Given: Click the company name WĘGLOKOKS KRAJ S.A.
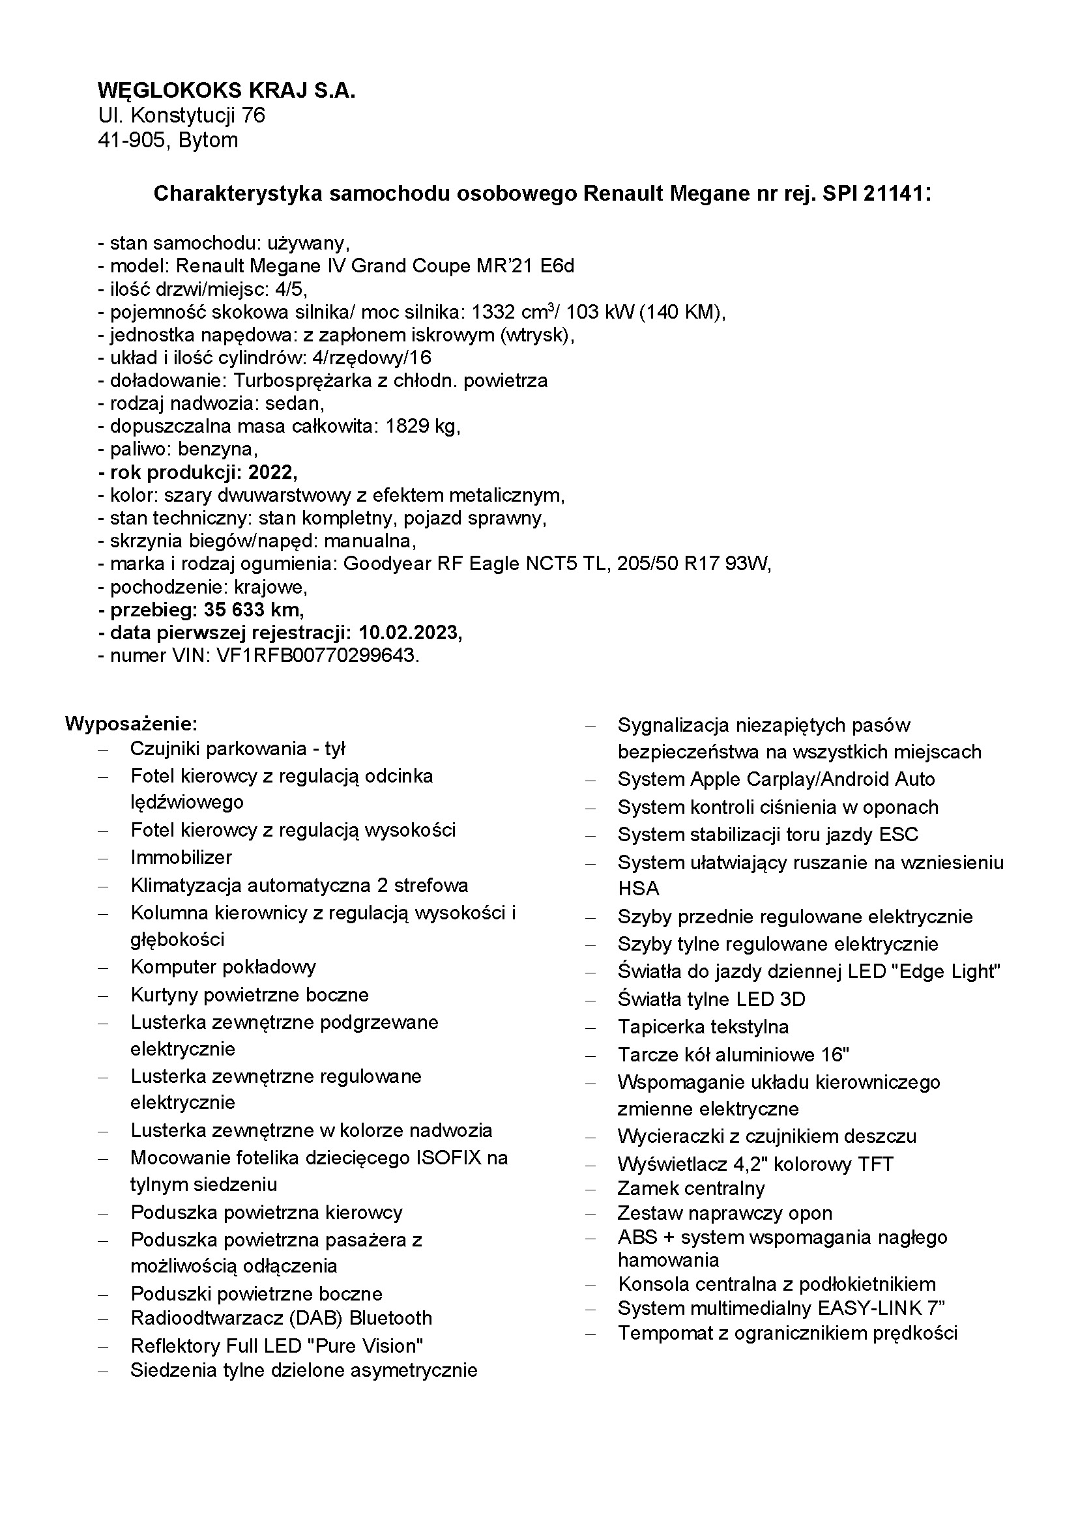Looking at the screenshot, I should [226, 91].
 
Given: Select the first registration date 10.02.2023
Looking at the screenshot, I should [409, 633].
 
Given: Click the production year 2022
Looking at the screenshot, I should [272, 472].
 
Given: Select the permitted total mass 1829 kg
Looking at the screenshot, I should [422, 426].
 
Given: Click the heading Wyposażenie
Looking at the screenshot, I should [132, 723].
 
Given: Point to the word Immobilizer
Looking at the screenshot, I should [181, 857].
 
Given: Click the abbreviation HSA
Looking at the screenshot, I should [638, 888].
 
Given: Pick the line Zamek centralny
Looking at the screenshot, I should [691, 1188].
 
